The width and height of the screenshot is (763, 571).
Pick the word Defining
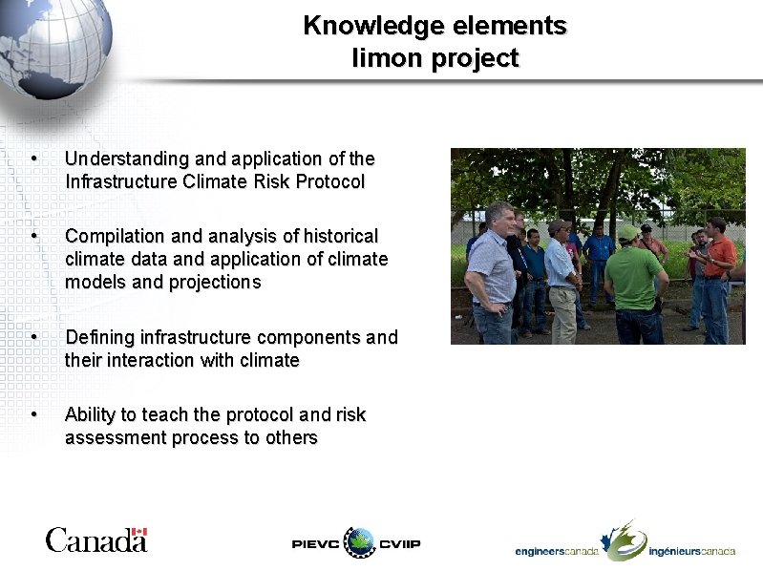tap(99, 337)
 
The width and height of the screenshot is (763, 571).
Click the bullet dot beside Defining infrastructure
tap(33, 337)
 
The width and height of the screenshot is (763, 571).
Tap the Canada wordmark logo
tap(95, 540)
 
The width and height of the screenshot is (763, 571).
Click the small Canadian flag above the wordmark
tap(139, 532)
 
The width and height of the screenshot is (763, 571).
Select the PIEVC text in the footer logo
tap(315, 543)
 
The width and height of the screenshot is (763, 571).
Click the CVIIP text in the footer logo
tap(399, 543)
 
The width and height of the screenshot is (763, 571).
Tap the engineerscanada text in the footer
tap(557, 551)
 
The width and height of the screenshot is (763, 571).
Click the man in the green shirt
tap(633, 283)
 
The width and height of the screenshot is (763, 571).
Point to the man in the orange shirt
tap(718, 272)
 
